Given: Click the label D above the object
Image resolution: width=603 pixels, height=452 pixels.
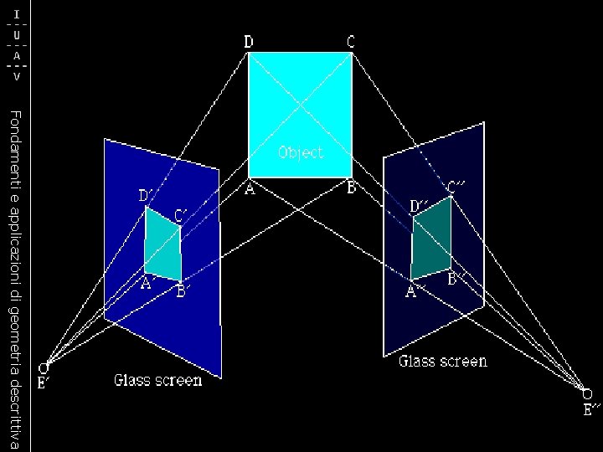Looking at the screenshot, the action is (x=250, y=41).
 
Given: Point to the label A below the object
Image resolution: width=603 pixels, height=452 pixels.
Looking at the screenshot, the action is (x=250, y=190).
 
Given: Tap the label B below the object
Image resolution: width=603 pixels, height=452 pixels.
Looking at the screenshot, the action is (x=352, y=189).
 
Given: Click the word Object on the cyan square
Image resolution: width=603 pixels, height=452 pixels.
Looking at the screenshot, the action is (x=300, y=152).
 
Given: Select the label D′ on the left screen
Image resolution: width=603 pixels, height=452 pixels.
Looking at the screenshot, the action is (x=146, y=196).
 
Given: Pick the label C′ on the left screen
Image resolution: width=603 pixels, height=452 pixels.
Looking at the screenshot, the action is (x=182, y=215).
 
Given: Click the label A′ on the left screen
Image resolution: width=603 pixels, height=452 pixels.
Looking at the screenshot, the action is (x=148, y=284).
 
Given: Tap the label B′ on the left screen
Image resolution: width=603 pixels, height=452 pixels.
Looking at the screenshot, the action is (x=184, y=291).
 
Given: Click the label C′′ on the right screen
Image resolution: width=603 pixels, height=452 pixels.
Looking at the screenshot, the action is (x=457, y=187).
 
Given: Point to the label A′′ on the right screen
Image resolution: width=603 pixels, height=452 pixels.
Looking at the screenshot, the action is (x=415, y=291).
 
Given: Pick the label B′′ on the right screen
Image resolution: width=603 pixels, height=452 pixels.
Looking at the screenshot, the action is (x=456, y=279).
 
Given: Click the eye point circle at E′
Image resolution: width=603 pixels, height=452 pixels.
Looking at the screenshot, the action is (x=47, y=366).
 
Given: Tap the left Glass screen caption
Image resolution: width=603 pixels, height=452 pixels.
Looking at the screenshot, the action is (x=157, y=381).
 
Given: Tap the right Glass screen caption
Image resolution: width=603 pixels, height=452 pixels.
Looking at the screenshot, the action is (x=442, y=362).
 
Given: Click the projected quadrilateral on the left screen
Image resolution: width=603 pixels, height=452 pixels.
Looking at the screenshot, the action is (x=163, y=245).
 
